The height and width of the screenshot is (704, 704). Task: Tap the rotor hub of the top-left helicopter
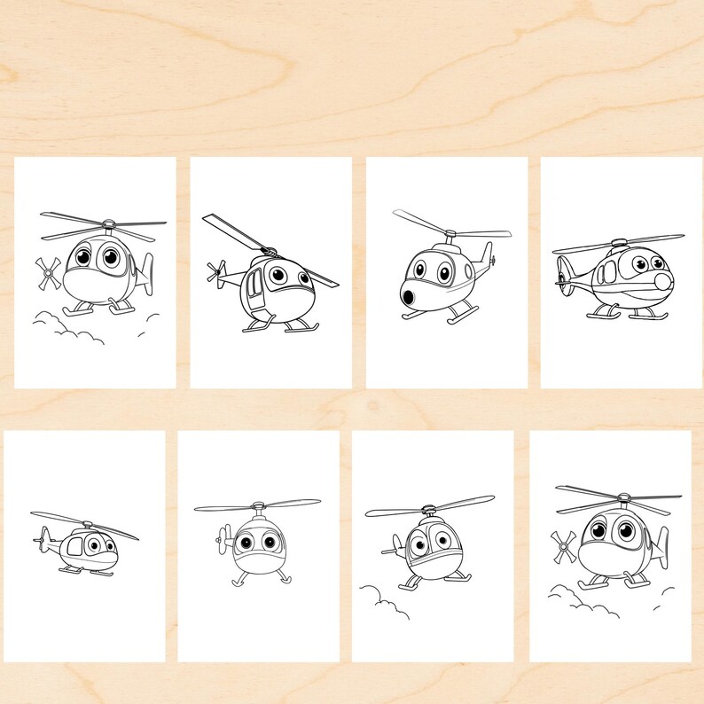point(106,224)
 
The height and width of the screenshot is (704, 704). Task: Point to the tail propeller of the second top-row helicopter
point(215,271)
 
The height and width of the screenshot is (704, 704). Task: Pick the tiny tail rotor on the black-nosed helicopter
point(492,260)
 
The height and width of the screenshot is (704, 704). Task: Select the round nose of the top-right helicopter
point(661,283)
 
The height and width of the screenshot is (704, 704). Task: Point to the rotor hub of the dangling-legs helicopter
point(257,506)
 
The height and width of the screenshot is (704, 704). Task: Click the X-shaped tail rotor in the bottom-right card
point(562,547)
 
